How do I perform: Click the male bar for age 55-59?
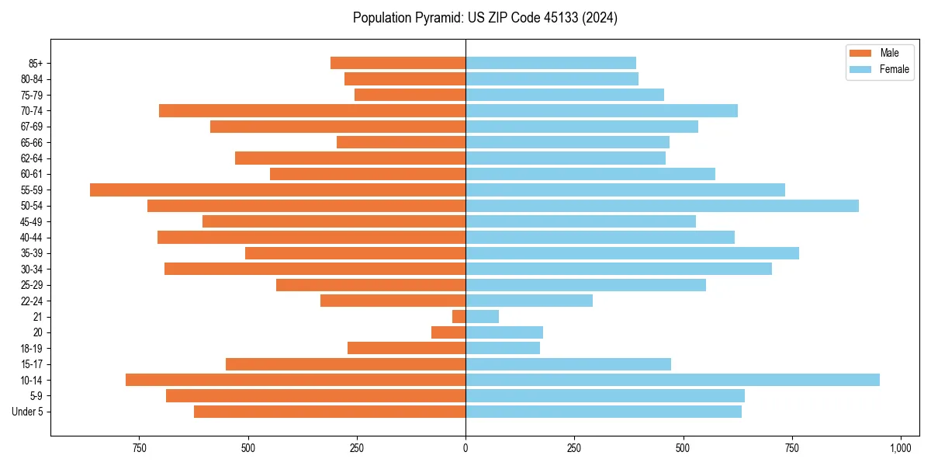click(x=278, y=190)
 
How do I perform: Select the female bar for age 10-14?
click(x=673, y=380)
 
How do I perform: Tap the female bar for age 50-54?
click(x=662, y=206)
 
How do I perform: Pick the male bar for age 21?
click(x=459, y=317)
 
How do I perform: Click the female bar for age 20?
click(x=504, y=332)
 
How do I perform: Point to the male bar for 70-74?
click(x=312, y=111)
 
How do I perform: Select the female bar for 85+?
click(x=551, y=63)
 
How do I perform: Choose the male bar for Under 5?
click(x=330, y=412)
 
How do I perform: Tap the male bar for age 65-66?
click(x=401, y=142)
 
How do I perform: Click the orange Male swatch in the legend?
click(x=861, y=53)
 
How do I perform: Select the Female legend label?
click(x=895, y=69)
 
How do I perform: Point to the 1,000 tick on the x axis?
click(x=900, y=449)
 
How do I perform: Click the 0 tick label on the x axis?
click(x=465, y=449)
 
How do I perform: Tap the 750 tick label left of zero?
click(x=140, y=449)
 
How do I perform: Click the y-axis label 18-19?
click(x=32, y=349)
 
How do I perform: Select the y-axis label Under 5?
click(x=28, y=412)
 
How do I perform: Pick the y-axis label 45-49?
click(x=32, y=221)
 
